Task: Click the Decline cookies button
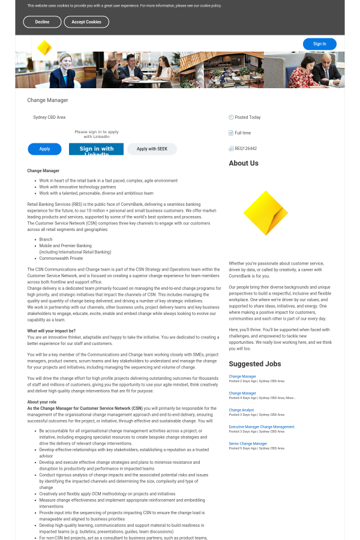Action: [x=42, y=22]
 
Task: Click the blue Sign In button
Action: [x=319, y=44]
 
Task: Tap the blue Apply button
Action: [x=44, y=149]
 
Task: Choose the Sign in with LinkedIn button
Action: [x=96, y=149]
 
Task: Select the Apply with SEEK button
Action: [x=152, y=149]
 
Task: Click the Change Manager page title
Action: [x=47, y=100]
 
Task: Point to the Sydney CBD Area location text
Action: [x=49, y=118]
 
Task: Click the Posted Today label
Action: [x=247, y=118]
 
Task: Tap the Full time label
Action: [x=242, y=133]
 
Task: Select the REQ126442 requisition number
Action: [x=245, y=149]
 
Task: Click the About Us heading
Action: [x=244, y=163]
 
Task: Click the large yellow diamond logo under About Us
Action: [x=265, y=213]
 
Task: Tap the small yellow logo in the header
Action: [x=44, y=48]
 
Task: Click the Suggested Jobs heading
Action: [x=254, y=364]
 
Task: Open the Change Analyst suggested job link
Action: [x=241, y=410]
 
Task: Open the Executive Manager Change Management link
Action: [x=261, y=427]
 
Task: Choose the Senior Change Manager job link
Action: [x=248, y=444]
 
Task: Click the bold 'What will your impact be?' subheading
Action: [x=51, y=331]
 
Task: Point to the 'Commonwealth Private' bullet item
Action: [x=61, y=259]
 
